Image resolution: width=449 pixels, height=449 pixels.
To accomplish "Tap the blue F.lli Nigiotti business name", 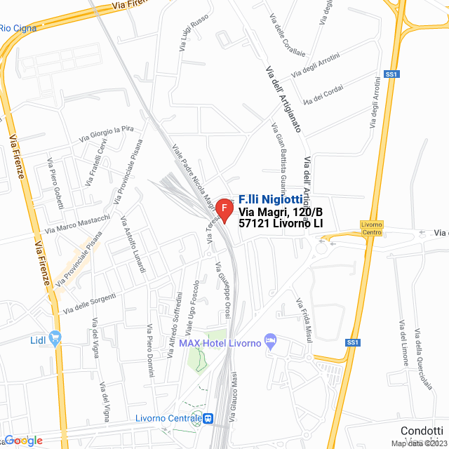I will [x=271, y=199].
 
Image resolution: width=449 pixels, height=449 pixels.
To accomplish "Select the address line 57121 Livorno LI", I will [x=281, y=224].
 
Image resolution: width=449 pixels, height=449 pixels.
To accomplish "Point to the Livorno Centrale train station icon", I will [x=208, y=419].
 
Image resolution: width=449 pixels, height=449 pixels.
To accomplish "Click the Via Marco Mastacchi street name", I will [x=77, y=223].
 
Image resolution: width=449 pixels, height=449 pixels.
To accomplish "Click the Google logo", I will [x=22, y=441].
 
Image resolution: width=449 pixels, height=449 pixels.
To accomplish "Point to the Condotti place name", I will [x=421, y=431].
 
